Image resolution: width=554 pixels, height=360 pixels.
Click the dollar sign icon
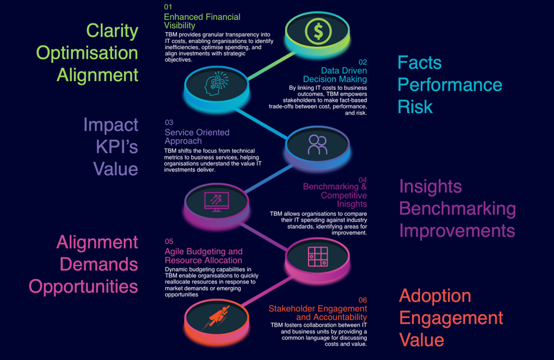pyautogui.click(x=318, y=32)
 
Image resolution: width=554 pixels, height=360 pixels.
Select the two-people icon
pyautogui.click(x=318, y=144)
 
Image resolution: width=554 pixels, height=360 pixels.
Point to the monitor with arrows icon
pyautogui.click(x=217, y=202)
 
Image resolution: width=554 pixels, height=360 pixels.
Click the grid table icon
pyautogui.click(x=318, y=257)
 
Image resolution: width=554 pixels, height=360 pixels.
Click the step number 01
pyautogui.click(x=168, y=7)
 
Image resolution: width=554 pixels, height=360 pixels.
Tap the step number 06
pyautogui.click(x=362, y=300)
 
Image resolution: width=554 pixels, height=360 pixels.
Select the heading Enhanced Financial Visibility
pyautogui.click(x=202, y=21)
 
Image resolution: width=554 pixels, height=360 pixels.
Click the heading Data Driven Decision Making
pyautogui.click(x=335, y=75)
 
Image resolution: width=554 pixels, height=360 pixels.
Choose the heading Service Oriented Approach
pyautogui.click(x=197, y=137)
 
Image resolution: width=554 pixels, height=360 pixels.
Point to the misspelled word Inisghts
pyautogui.click(x=352, y=204)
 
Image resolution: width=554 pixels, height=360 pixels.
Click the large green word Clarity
pyautogui.click(x=112, y=30)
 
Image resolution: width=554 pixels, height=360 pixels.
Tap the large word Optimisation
pyautogui.click(x=87, y=53)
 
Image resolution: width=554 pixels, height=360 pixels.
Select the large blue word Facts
pyautogui.click(x=420, y=63)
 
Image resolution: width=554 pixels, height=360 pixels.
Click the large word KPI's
pyautogui.click(x=116, y=147)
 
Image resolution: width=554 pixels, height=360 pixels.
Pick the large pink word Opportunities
pyautogui.click(x=83, y=286)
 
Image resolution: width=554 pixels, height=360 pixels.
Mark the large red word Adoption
pyautogui.click(x=435, y=296)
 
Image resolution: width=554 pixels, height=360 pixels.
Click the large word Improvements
pyautogui.click(x=457, y=230)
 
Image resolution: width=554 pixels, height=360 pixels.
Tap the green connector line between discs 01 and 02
pyautogui.click(x=272, y=66)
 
